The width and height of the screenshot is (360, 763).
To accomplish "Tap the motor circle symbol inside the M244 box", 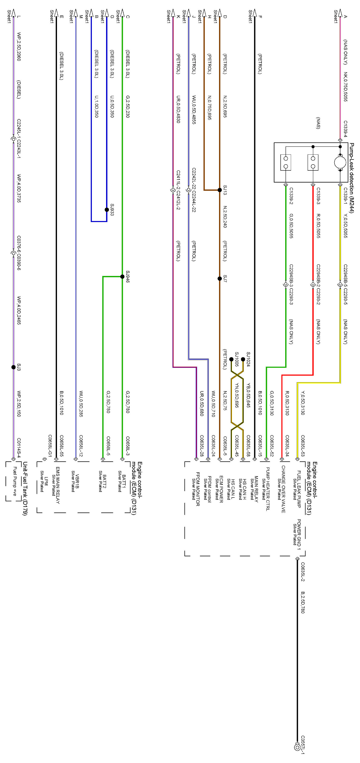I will point(340,162).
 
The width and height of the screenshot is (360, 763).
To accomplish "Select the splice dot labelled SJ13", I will point(220,190).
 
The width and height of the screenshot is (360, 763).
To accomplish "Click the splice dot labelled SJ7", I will point(220,278).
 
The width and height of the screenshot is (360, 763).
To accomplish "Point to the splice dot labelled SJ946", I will point(122,277).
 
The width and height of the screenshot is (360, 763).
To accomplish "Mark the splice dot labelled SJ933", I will point(107,210).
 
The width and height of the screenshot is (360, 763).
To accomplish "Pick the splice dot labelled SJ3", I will point(13,367).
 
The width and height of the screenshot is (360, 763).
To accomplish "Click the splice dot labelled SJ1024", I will point(243,359).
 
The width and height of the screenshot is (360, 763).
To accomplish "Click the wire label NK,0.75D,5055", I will point(345,87).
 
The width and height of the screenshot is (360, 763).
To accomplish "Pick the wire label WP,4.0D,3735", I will point(19,188).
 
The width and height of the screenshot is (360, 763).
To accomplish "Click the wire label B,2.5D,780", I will point(303,602).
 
